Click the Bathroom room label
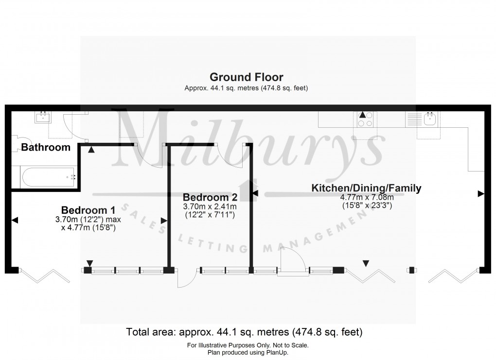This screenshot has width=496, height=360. pos(46,147)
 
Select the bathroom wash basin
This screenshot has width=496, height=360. pos(44,117)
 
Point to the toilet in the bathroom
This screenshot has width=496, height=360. pos(15,141)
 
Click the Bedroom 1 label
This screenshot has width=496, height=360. pos(88,210)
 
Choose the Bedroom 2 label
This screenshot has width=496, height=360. pos(210,198)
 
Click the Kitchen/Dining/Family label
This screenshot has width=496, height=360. pos(366,188)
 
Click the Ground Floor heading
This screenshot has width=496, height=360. pos(246,77)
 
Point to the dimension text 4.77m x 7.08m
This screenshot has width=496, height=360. pos(367,197)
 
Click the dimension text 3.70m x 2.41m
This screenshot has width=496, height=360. pos(210,207)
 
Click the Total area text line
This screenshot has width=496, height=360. pos(245,333)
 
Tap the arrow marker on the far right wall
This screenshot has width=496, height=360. pos(480,194)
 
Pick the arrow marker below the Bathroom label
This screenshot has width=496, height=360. pos(91,151)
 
